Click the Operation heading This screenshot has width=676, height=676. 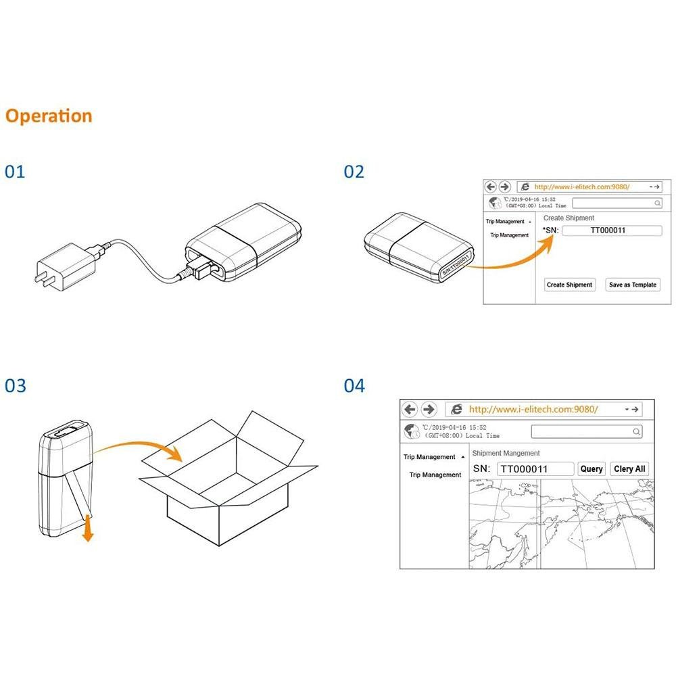click(x=49, y=116)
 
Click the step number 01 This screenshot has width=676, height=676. click(x=15, y=172)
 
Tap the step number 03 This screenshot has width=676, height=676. click(x=15, y=386)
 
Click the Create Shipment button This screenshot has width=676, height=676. click(x=569, y=285)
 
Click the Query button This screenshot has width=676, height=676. click(x=591, y=468)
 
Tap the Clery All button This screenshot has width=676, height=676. click(x=629, y=468)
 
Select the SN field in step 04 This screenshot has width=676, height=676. click(x=535, y=468)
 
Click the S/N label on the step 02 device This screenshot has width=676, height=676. click(x=454, y=264)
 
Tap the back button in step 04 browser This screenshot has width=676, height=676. click(x=410, y=409)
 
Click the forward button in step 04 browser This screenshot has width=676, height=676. click(x=429, y=409)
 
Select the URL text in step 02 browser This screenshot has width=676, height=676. click(x=581, y=187)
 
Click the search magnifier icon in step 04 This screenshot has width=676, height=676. click(x=636, y=431)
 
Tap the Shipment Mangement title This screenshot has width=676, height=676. click(x=506, y=453)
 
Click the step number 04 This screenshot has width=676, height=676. click(x=354, y=386)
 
